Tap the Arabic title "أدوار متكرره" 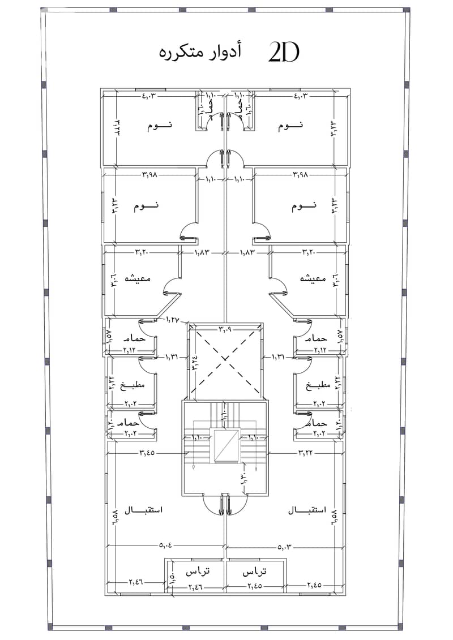coord(200,52)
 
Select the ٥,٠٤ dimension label coord(166,545)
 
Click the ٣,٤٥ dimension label coord(148,453)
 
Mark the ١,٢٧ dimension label coord(173,320)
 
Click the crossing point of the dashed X coord(225,358)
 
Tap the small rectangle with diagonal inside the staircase coord(225,446)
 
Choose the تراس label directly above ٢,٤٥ coord(254,572)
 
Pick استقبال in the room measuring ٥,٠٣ coord(306,510)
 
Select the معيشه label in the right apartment coord(315,280)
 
